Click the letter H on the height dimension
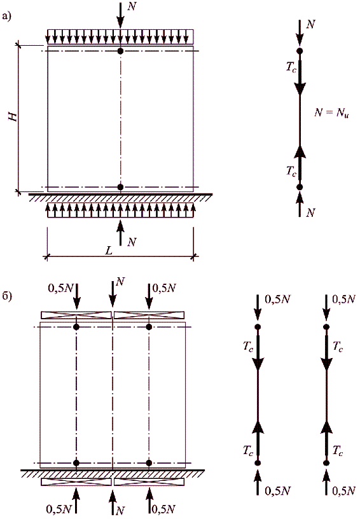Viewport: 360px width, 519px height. pyautogui.click(x=13, y=116)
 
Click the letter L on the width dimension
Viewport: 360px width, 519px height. pyautogui.click(x=109, y=251)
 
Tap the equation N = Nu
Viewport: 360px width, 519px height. pyautogui.click(x=331, y=113)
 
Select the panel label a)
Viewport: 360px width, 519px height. pyautogui.click(x=6, y=16)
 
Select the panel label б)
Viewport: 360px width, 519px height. pyautogui.click(x=6, y=296)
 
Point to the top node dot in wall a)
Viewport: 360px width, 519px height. pyautogui.click(x=120, y=51)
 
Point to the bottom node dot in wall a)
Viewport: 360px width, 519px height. pyautogui.click(x=120, y=187)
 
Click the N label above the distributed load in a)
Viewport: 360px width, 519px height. pyautogui.click(x=132, y=6)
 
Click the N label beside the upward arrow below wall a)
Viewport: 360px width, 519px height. pyautogui.click(x=132, y=242)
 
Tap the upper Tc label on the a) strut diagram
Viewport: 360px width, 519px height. pyautogui.click(x=291, y=67)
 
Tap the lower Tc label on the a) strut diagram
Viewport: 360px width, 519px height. pyautogui.click(x=291, y=171)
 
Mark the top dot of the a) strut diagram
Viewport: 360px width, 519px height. pyautogui.click(x=300, y=51)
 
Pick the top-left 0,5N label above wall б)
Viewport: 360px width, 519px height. pyautogui.click(x=61, y=288)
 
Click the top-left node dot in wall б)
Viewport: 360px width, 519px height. pyautogui.click(x=76, y=327)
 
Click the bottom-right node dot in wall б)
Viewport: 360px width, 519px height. pyautogui.click(x=149, y=463)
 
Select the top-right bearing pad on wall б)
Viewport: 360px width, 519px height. pyautogui.click(x=149, y=315)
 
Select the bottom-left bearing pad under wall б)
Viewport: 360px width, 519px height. pyautogui.click(x=76, y=482)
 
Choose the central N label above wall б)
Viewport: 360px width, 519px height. pyautogui.click(x=120, y=282)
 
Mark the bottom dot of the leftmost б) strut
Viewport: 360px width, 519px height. pyautogui.click(x=258, y=463)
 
